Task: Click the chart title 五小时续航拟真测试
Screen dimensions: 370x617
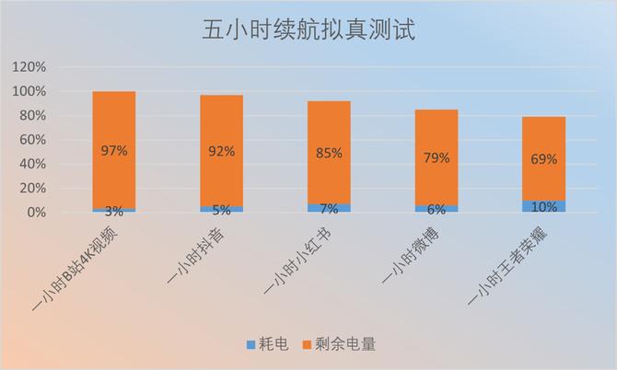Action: coord(308,31)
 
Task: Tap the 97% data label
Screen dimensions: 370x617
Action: coord(114,150)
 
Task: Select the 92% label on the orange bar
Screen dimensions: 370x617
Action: coord(222,150)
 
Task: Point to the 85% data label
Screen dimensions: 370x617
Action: coord(329,154)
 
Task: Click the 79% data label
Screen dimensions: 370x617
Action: coord(437,157)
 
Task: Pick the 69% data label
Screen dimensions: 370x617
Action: coord(543,159)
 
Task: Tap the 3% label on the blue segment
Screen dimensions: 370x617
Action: coord(114,211)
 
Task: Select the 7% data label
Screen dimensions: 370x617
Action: coord(329,209)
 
